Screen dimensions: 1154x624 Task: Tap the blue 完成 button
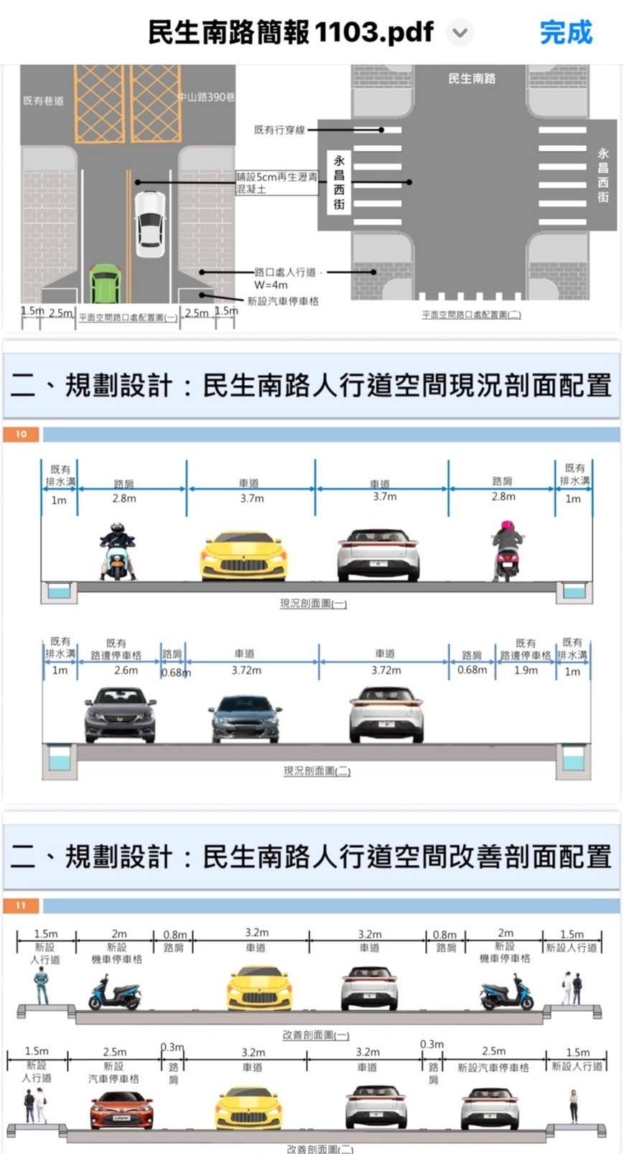tap(566, 32)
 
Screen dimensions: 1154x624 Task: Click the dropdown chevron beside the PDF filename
tap(460, 32)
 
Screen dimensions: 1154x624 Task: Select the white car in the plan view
tap(150, 223)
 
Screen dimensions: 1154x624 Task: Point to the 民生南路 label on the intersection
tap(472, 78)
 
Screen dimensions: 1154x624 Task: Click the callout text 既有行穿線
tap(279, 130)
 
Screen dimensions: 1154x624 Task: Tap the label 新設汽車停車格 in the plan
tap(283, 301)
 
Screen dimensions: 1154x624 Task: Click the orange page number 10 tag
tap(21, 434)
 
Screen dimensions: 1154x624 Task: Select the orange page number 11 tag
tap(21, 905)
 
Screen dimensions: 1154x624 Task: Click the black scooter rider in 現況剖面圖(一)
tap(116, 551)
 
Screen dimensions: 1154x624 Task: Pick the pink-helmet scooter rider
tap(507, 550)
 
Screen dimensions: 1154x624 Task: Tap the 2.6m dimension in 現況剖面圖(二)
tap(126, 670)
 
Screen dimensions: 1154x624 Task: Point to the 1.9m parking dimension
tap(526, 670)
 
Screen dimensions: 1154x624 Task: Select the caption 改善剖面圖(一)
tap(316, 1035)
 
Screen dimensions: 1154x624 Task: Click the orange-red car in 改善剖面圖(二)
tap(121, 1109)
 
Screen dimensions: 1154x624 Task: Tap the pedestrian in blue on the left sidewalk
tap(42, 985)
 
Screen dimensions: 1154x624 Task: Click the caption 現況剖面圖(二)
tap(317, 771)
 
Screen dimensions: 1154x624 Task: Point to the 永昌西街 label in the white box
tap(339, 183)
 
